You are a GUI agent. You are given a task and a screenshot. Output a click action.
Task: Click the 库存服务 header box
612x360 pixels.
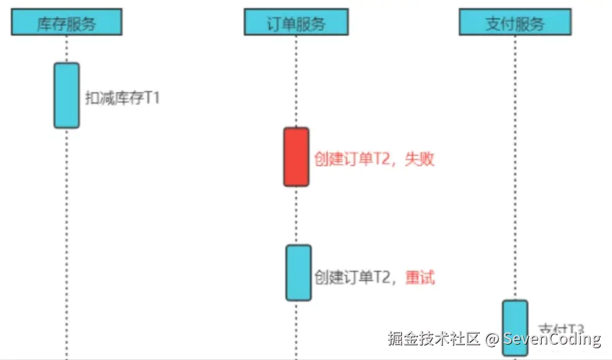click(66, 23)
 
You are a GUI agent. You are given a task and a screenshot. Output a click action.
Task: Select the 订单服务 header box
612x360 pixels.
click(296, 23)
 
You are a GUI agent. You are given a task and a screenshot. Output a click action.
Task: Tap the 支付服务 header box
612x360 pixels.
click(514, 23)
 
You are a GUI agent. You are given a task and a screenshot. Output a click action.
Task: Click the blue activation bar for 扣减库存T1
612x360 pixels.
click(66, 95)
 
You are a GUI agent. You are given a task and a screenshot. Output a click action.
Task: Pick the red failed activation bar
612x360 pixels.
click(296, 157)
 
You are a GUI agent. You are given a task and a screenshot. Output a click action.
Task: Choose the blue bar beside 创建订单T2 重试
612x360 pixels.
click(298, 272)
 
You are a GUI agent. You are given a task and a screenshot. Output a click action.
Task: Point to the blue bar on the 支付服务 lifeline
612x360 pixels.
click(515, 327)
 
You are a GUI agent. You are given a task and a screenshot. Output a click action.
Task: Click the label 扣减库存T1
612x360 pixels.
click(122, 98)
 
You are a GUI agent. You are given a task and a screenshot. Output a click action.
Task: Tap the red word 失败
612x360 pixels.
click(419, 159)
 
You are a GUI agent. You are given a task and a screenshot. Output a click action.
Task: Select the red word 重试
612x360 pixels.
click(420, 277)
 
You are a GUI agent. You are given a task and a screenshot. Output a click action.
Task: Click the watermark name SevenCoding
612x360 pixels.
click(552, 339)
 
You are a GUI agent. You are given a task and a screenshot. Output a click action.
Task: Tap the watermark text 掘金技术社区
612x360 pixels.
click(434, 339)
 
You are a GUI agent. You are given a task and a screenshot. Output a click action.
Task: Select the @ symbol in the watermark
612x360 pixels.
click(491, 339)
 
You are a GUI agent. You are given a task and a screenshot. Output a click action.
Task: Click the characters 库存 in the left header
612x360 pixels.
click(53, 24)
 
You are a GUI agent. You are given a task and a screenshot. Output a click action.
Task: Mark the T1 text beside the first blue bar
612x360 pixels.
click(152, 98)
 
